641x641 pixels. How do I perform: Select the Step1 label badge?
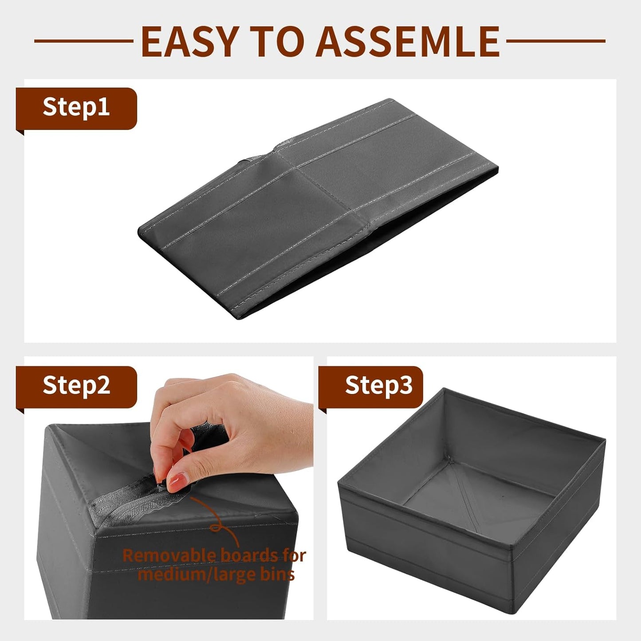coord(76,108)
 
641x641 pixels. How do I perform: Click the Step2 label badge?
coord(76,385)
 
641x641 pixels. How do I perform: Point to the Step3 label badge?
coord(373,385)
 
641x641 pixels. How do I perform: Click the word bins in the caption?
coord(277,575)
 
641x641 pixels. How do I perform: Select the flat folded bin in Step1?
coord(317,208)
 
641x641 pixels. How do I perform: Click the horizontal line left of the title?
coord(83,41)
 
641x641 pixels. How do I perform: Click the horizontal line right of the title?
coord(555,41)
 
